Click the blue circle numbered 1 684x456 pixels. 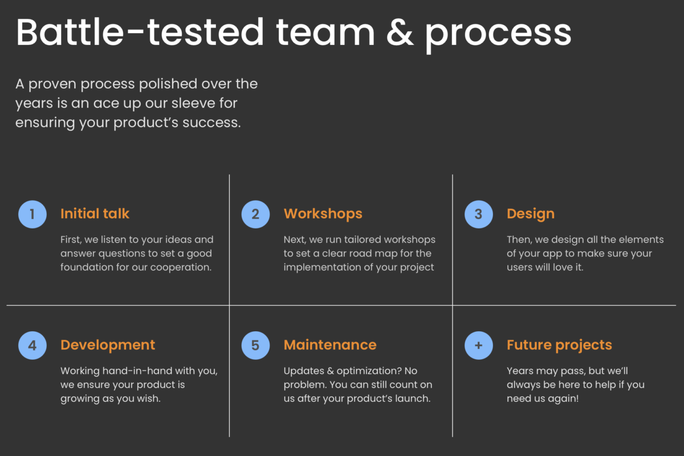tap(32, 214)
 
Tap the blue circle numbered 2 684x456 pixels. tap(255, 214)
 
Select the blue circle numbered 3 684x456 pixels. tap(479, 214)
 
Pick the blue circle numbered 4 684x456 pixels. tap(32, 345)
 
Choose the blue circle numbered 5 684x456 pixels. tap(255, 345)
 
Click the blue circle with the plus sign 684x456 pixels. tap(479, 345)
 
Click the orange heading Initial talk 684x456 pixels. tap(95, 214)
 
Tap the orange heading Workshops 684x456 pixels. tap(323, 214)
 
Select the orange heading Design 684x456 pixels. tap(531, 214)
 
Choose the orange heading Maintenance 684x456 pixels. tap(330, 345)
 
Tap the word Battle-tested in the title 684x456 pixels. tap(140, 31)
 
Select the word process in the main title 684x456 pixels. tap(498, 35)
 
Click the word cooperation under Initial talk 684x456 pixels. tap(181, 267)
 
